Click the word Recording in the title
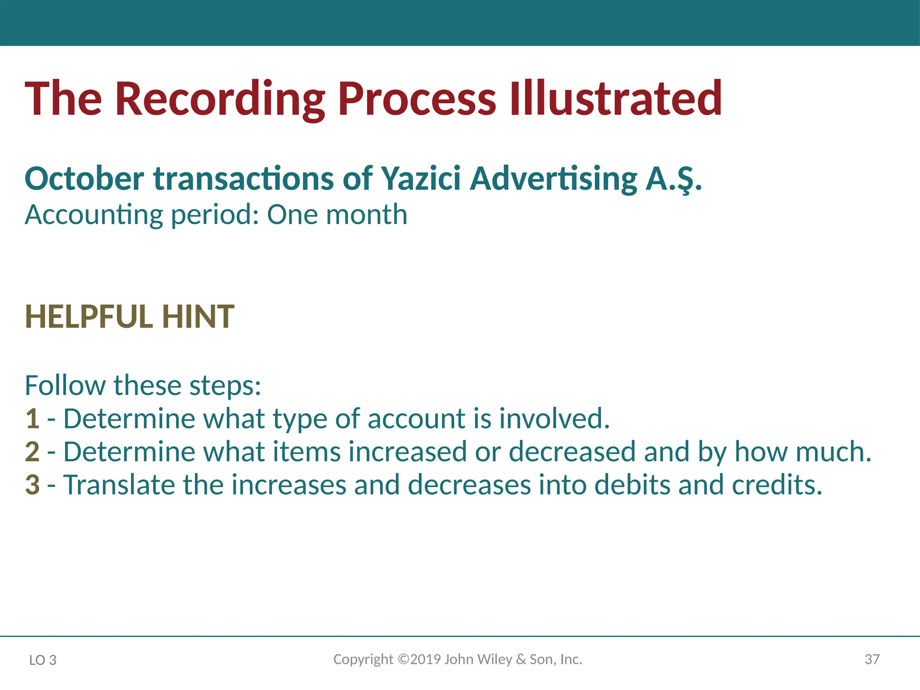pyautogui.click(x=220, y=99)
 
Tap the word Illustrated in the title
pyautogui.click(x=615, y=99)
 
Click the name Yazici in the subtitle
pyautogui.click(x=421, y=179)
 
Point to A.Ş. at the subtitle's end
pyautogui.click(x=674, y=179)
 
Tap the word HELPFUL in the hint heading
pyautogui.click(x=89, y=317)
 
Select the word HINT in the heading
pyautogui.click(x=198, y=317)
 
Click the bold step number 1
pyautogui.click(x=32, y=419)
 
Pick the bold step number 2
pyautogui.click(x=32, y=452)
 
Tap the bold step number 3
pyautogui.click(x=32, y=485)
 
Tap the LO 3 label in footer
pyautogui.click(x=43, y=660)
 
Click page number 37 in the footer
pyautogui.click(x=872, y=659)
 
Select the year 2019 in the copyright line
pyautogui.click(x=425, y=659)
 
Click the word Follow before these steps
pyautogui.click(x=65, y=385)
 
